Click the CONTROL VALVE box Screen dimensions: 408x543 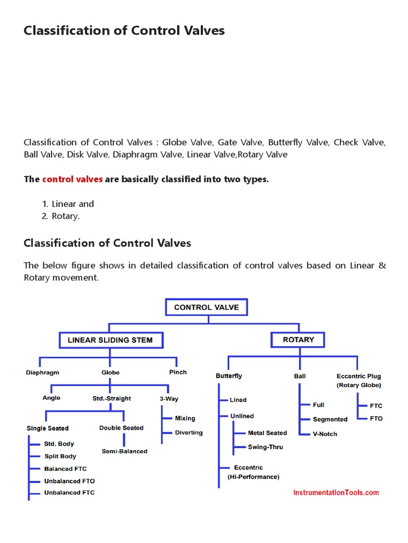pyautogui.click(x=206, y=307)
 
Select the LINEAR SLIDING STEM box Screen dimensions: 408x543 pyautogui.click(x=110, y=340)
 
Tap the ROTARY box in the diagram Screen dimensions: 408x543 pyautogui.click(x=297, y=339)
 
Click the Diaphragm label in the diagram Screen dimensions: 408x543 pyautogui.click(x=42, y=372)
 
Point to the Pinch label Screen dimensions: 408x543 pyautogui.click(x=178, y=372)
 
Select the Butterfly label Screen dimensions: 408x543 pyautogui.click(x=228, y=375)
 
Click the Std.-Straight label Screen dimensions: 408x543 pyautogui.click(x=112, y=398)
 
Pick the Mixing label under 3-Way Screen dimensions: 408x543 pyautogui.click(x=185, y=418)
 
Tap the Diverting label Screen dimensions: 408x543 pyautogui.click(x=189, y=433)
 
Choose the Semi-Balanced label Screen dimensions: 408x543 pyautogui.click(x=124, y=451)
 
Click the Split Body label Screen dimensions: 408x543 pyautogui.click(x=60, y=456)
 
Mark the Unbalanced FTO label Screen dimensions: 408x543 pyautogui.click(x=69, y=481)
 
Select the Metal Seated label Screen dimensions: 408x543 pyautogui.click(x=267, y=433)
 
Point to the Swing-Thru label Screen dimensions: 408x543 pyautogui.click(x=265, y=447)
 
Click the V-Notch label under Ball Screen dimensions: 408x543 pyautogui.click(x=325, y=434)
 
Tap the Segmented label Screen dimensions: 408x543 pyautogui.click(x=330, y=419)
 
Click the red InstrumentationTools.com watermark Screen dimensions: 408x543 pyautogui.click(x=336, y=493)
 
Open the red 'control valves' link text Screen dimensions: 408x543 pyautogui.click(x=72, y=179)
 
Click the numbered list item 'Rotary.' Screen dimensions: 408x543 pyautogui.click(x=65, y=216)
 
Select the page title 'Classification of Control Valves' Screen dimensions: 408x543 pyautogui.click(x=124, y=31)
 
